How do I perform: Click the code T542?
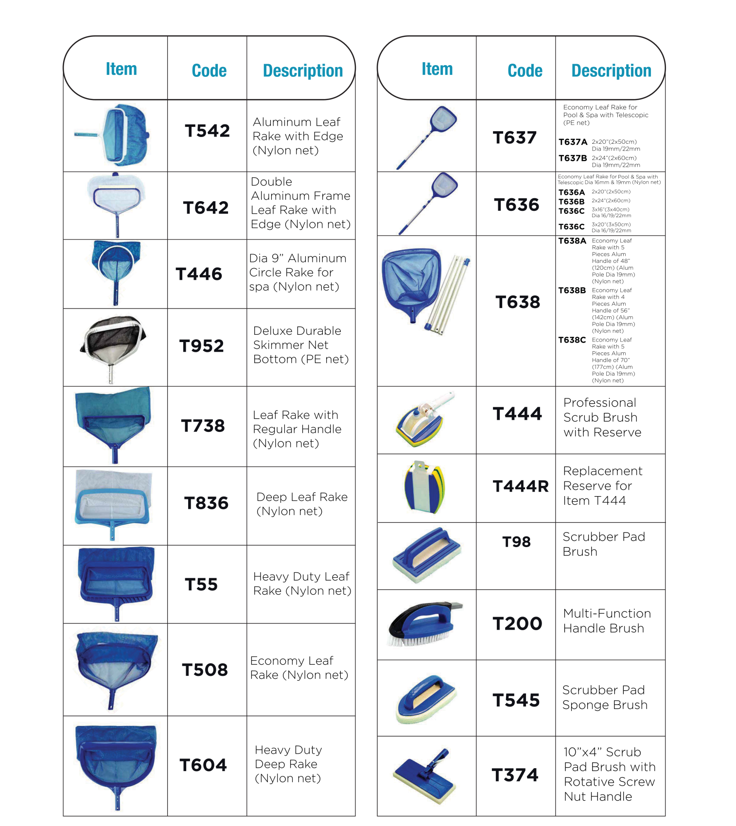(207, 131)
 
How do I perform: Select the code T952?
(201, 346)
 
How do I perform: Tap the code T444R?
(520, 486)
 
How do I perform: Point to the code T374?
(515, 775)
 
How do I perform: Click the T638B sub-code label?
(572, 291)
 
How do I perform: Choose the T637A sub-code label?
(573, 142)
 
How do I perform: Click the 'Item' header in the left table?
(122, 69)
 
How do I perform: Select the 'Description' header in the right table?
(611, 70)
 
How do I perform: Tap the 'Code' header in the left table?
(209, 70)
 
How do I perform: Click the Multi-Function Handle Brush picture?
(424, 624)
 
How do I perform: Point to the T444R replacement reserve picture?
(424, 487)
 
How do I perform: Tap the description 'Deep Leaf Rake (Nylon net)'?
(302, 504)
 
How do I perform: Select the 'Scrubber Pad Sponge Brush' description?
(605, 697)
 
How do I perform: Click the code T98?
(516, 542)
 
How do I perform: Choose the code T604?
(203, 765)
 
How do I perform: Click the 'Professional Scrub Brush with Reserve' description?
(602, 417)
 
